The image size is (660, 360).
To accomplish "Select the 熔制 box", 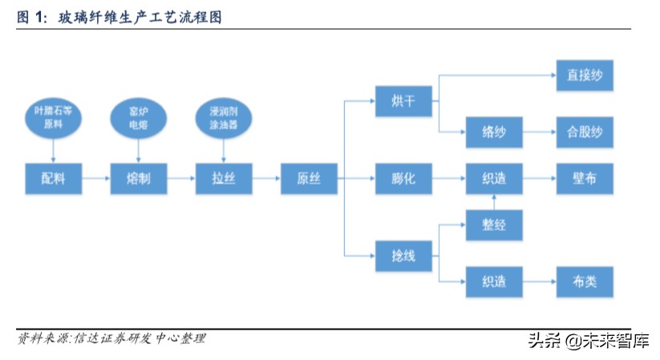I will pyautogui.click(x=138, y=178).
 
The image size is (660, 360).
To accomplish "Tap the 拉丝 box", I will pyautogui.click(x=224, y=178).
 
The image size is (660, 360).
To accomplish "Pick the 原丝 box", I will pyautogui.click(x=309, y=178).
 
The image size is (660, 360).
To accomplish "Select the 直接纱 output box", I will pyautogui.click(x=585, y=76).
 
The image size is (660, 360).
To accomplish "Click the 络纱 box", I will pyautogui.click(x=494, y=132).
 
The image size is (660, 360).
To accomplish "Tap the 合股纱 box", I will pyautogui.click(x=585, y=132).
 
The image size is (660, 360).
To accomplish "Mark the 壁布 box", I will pyautogui.click(x=585, y=178).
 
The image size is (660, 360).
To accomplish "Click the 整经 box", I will pyautogui.click(x=494, y=224).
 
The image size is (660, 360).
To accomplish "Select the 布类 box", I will pyautogui.click(x=585, y=282).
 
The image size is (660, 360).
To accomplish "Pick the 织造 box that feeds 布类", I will pyautogui.click(x=494, y=282).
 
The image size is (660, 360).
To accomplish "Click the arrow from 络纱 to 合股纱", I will pyautogui.click(x=540, y=132).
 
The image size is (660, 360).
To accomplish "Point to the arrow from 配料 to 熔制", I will pyautogui.click(x=95, y=178).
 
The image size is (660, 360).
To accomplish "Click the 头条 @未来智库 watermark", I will pyautogui.click(x=587, y=340).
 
